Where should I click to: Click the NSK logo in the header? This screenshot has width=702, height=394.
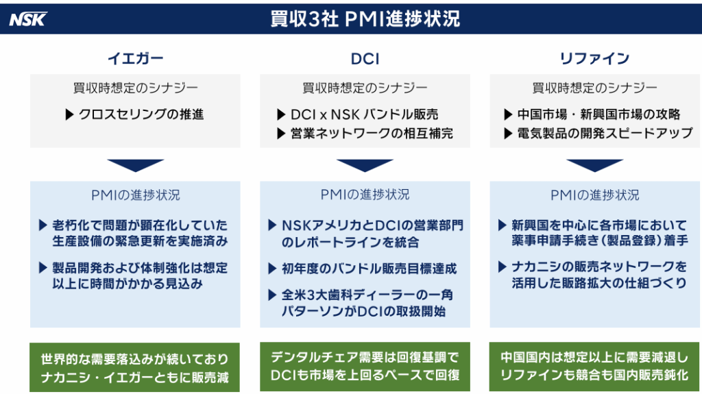point(28,19)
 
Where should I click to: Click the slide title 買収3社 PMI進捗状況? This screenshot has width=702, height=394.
point(365,19)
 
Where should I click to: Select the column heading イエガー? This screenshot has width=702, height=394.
point(135,59)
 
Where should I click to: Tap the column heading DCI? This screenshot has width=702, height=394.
point(365,59)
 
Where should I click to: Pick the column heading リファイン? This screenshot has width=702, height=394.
point(594,59)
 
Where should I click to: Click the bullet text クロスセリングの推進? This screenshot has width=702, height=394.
point(141,114)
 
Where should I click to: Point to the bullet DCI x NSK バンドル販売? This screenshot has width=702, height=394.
point(364,114)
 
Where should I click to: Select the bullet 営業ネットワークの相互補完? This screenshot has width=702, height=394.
point(372,134)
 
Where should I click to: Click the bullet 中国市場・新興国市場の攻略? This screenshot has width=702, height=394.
point(598,114)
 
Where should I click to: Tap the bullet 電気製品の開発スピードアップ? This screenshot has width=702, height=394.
point(605,134)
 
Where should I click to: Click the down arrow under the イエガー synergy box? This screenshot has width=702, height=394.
point(135,165)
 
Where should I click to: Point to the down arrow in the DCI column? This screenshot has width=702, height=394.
point(365,165)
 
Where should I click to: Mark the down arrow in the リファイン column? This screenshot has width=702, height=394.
point(594,165)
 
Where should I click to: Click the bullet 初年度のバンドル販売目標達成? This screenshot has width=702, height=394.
point(369,269)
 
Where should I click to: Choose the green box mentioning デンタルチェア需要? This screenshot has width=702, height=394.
point(365,367)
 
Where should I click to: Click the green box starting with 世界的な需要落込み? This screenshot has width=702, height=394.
point(135,367)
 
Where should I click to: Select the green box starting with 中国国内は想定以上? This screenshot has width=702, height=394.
point(594,367)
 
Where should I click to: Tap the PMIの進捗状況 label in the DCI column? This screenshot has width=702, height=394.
point(365,195)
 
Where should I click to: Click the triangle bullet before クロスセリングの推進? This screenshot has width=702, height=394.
point(69,114)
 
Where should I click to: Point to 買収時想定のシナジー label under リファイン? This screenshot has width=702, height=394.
point(594,88)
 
